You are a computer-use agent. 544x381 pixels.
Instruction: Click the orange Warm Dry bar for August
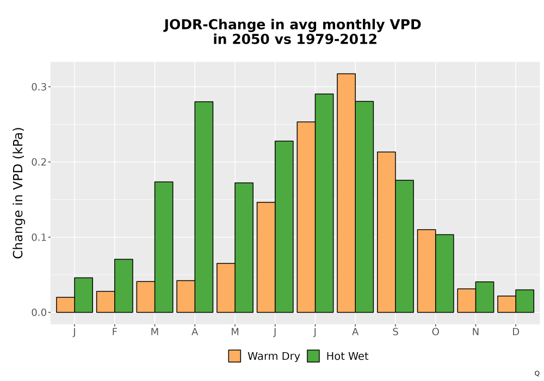346,193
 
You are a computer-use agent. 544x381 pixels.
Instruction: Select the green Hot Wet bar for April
204,207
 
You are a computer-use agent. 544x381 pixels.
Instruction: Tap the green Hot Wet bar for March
164,247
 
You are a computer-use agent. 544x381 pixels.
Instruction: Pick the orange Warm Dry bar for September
386,232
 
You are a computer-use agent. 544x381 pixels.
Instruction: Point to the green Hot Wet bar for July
324,203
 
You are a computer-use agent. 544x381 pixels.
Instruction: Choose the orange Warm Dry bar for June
266,257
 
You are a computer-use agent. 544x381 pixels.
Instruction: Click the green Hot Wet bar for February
124,286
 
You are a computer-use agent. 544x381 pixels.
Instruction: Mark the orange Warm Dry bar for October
426,271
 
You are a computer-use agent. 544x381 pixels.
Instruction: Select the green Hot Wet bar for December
525,301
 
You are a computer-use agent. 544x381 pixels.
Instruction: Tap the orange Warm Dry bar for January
66,305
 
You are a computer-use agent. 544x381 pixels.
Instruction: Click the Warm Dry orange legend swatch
234,356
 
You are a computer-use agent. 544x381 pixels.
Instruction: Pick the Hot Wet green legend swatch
313,356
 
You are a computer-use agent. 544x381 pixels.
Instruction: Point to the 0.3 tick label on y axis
39,87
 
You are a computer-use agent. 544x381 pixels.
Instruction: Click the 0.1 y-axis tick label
39,237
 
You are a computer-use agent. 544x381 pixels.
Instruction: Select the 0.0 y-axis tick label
39,312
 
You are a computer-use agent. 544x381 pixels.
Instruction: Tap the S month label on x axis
395,332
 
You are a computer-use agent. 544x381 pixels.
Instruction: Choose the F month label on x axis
114,332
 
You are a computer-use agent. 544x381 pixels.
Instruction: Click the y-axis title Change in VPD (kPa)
18,193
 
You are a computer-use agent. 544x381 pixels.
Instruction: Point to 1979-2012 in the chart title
337,39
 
